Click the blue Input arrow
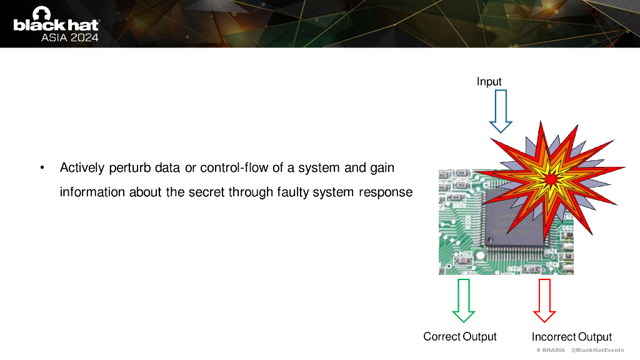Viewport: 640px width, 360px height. click(x=501, y=111)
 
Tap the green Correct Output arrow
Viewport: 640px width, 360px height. click(x=463, y=301)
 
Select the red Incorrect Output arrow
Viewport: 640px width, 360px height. click(x=544, y=301)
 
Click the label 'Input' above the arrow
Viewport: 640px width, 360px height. click(x=489, y=82)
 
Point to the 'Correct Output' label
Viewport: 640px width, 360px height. click(x=460, y=336)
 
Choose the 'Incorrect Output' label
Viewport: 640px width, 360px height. click(x=571, y=337)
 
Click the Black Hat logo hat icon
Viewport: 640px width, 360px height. click(x=42, y=13)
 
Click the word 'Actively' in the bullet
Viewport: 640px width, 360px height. click(x=81, y=168)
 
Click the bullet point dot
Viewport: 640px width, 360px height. click(x=42, y=168)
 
